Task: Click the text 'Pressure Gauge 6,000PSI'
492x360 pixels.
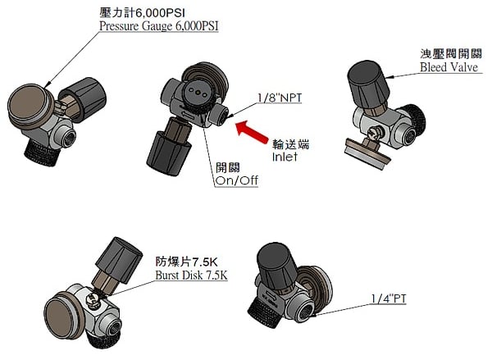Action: [159, 26]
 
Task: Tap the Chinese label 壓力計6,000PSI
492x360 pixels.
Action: [141, 12]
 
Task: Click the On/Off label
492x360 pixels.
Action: [236, 180]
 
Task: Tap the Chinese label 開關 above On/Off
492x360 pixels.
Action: [228, 166]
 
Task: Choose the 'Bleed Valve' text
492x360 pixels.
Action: [449, 67]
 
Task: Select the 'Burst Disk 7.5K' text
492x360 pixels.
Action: [191, 276]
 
